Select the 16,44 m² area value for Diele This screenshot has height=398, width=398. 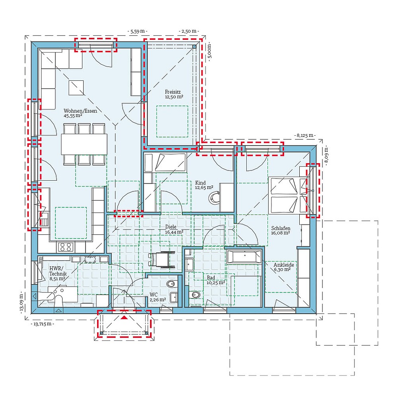[174, 232]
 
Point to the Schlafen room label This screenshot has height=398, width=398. [281, 228]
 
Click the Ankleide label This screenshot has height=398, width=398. [284, 264]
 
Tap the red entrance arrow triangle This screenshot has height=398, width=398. [125, 318]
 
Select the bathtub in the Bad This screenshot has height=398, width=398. [244, 257]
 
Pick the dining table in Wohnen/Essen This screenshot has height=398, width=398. [84, 144]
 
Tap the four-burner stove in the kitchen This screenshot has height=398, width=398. [65, 247]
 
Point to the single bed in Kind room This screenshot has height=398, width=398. [165, 163]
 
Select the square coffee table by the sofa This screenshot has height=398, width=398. [76, 88]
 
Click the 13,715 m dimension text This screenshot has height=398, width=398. [41, 324]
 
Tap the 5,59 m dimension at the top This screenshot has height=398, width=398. [137, 31]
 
